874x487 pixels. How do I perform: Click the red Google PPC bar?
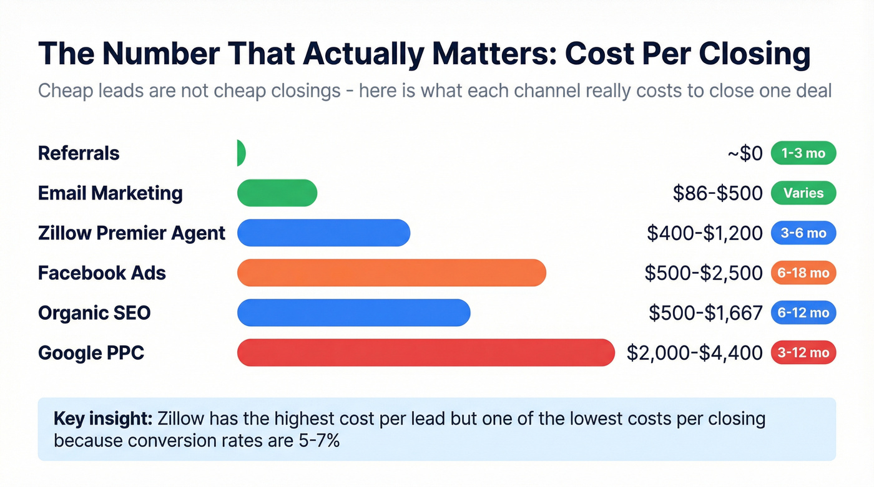pos(426,352)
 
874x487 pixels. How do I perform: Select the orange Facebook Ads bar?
pos(391,272)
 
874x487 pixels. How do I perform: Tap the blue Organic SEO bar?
pos(353,312)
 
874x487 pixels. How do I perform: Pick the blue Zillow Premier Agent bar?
pos(323,233)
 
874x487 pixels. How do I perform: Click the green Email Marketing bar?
pos(277,193)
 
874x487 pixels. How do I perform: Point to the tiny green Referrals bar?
pos(241,153)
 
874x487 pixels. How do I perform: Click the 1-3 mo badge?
pos(803,153)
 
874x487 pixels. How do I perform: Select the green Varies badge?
pos(803,193)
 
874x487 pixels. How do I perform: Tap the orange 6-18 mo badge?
pos(803,272)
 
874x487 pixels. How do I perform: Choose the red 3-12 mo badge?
pos(803,352)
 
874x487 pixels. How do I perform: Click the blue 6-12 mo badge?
pos(803,312)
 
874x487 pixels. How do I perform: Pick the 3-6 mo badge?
pos(803,233)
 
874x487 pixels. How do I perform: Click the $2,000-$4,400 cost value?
pos(694,353)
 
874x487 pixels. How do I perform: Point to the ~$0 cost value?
pos(745,153)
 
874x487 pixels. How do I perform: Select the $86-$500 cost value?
pos(717,193)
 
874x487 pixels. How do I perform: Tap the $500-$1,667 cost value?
pos(705,313)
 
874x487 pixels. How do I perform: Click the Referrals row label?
pos(79,153)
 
